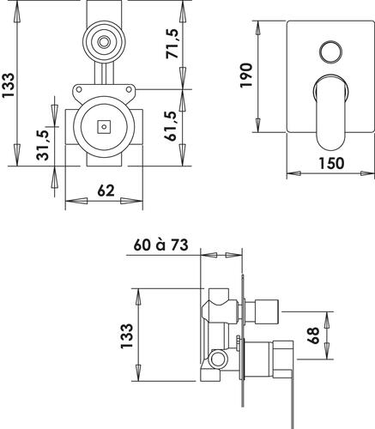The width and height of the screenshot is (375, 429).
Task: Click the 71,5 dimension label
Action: click(x=172, y=44)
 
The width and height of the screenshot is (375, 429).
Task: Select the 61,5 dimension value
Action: click(x=171, y=126)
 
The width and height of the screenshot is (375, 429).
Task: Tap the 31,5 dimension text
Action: click(x=43, y=145)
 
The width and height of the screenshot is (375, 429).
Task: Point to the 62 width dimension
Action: click(x=106, y=190)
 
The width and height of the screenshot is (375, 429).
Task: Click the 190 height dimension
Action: click(x=246, y=76)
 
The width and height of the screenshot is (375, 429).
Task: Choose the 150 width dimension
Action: click(x=331, y=163)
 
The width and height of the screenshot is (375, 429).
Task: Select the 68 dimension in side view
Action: click(x=313, y=335)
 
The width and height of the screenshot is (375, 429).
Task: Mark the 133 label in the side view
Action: click(x=127, y=335)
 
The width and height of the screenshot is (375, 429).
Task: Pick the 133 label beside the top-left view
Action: click(x=8, y=85)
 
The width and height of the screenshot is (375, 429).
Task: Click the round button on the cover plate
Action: click(x=330, y=52)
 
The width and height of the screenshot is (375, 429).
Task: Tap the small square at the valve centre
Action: click(x=104, y=126)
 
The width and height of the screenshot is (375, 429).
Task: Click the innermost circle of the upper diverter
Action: click(x=104, y=42)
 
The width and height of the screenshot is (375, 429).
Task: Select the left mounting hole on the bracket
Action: click(x=79, y=89)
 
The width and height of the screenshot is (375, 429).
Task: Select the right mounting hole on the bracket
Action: click(x=129, y=89)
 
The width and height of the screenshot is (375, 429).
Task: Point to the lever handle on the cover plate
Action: click(x=330, y=113)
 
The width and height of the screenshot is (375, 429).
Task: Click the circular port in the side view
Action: click(x=218, y=359)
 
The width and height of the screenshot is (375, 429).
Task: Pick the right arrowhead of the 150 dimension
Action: click(x=367, y=173)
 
